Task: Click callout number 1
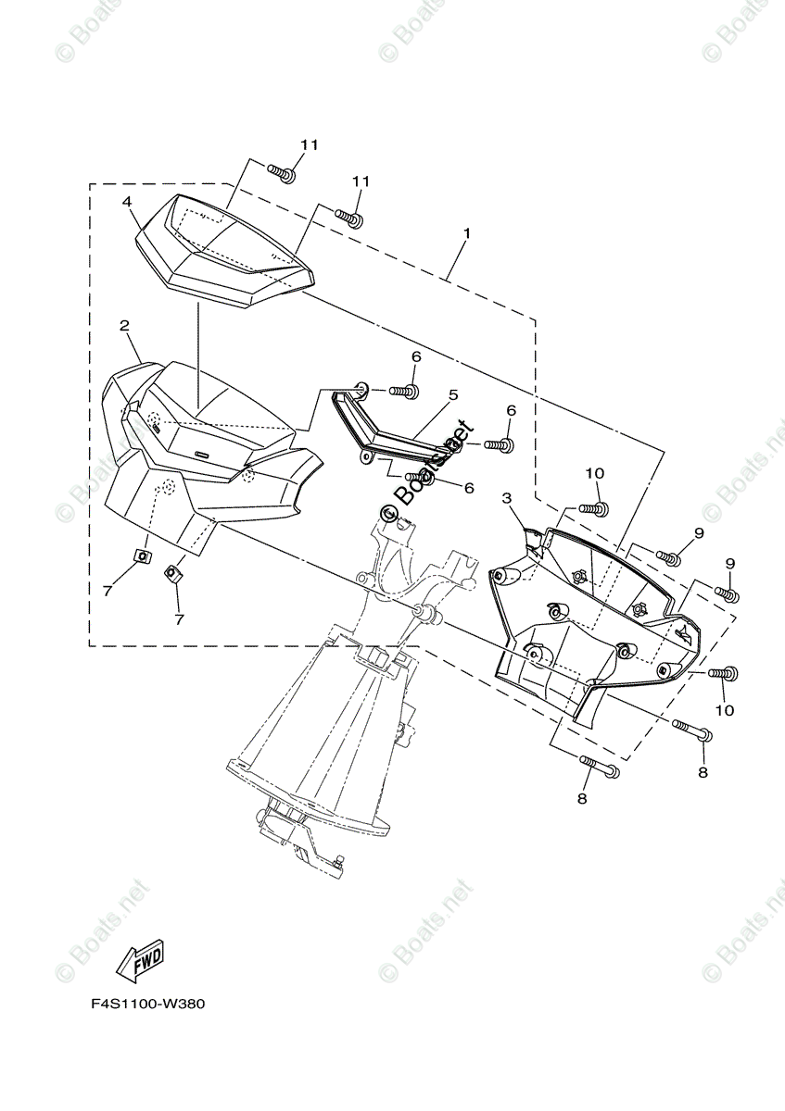pyautogui.click(x=466, y=233)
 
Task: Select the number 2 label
pyautogui.click(x=123, y=325)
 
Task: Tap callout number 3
pyautogui.click(x=507, y=499)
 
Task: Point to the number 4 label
pyautogui.click(x=126, y=201)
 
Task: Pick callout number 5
pyautogui.click(x=452, y=394)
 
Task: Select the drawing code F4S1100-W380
pyautogui.click(x=146, y=1004)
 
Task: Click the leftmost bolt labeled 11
pyautogui.click(x=282, y=171)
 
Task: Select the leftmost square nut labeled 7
pyautogui.click(x=143, y=555)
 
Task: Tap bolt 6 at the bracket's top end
pyautogui.click(x=405, y=392)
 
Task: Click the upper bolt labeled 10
pyautogui.click(x=593, y=508)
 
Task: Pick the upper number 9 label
pyautogui.click(x=699, y=533)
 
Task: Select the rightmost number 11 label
pyautogui.click(x=361, y=181)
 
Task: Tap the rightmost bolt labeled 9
pyautogui.click(x=726, y=593)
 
